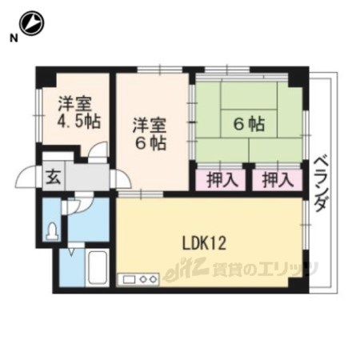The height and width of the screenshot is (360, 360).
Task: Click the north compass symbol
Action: tap(32, 23)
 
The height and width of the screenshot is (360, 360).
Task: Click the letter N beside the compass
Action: tap(14, 38)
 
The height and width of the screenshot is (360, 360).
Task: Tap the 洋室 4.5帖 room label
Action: tap(79, 112)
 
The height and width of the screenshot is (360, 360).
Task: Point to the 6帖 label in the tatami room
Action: tap(249, 124)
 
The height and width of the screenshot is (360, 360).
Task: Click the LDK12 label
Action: tap(204, 243)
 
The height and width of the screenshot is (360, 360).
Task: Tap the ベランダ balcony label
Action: tap(320, 184)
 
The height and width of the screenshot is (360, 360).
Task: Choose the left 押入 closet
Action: tap(221, 180)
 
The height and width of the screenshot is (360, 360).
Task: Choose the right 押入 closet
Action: tap(278, 180)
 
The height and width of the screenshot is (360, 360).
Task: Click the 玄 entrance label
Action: tap(54, 178)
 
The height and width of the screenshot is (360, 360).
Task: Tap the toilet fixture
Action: tap(52, 231)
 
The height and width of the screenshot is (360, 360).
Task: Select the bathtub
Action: tap(98, 267)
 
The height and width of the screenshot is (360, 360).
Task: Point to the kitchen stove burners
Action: tap(148, 279)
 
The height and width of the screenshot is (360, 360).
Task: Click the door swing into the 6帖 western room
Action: tap(122, 178)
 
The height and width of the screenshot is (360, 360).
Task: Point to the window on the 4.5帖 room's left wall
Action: tap(39, 115)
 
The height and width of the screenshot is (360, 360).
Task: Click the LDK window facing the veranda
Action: tap(306, 225)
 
